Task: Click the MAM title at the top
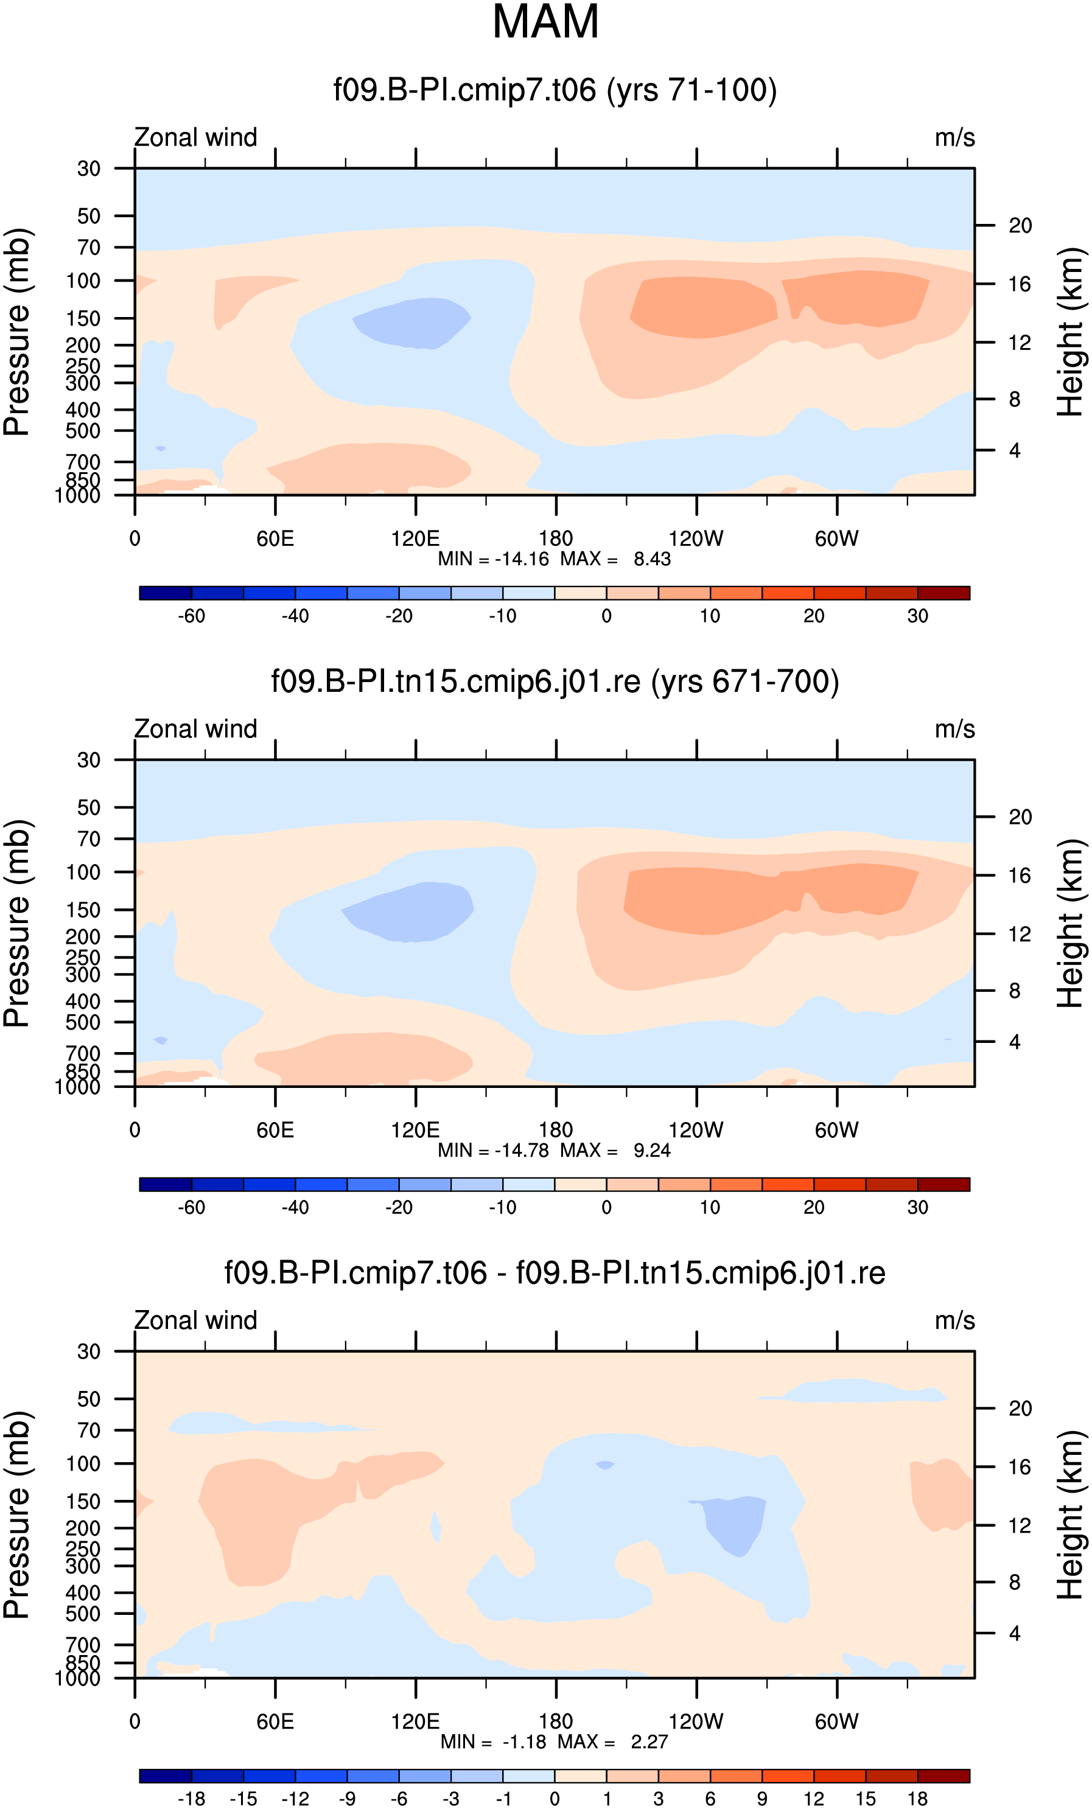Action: click(x=545, y=22)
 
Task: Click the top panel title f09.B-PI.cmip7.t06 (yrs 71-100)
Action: click(x=555, y=90)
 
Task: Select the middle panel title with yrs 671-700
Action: click(x=555, y=682)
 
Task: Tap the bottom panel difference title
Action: click(x=555, y=1273)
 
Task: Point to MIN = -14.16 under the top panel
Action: click(x=493, y=559)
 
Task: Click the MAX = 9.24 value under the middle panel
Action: click(x=615, y=1151)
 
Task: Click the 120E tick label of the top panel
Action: click(x=416, y=539)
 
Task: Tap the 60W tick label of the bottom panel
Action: click(x=836, y=1721)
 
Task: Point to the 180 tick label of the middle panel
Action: click(x=556, y=1130)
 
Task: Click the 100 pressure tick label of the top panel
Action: click(x=83, y=281)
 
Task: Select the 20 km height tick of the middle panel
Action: click(x=1020, y=817)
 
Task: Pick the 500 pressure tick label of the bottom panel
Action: click(x=83, y=1614)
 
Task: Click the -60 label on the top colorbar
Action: click(x=192, y=616)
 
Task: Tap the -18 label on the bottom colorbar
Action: click(x=192, y=1799)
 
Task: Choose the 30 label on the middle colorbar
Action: click(x=918, y=1208)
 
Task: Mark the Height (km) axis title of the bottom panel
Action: click(x=1071, y=1514)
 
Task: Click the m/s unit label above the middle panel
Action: click(x=954, y=730)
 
